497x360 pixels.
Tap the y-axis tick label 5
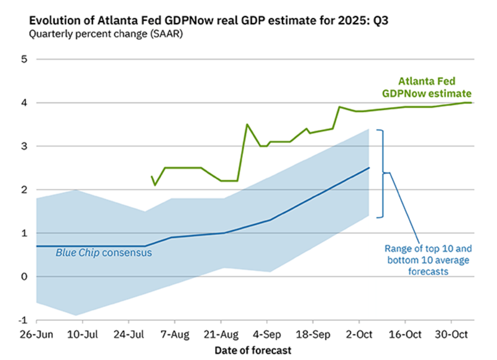(x=24, y=60)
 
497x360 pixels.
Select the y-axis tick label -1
(x=22, y=320)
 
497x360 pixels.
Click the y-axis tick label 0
(x=24, y=277)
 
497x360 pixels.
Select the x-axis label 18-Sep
(x=313, y=333)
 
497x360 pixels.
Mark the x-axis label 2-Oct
(x=359, y=333)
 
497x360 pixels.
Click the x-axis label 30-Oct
(x=452, y=333)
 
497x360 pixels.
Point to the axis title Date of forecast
(x=253, y=350)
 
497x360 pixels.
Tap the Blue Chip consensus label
(x=104, y=253)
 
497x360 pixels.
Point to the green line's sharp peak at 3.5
(x=247, y=124)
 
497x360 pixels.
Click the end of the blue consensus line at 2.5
(x=369, y=168)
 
